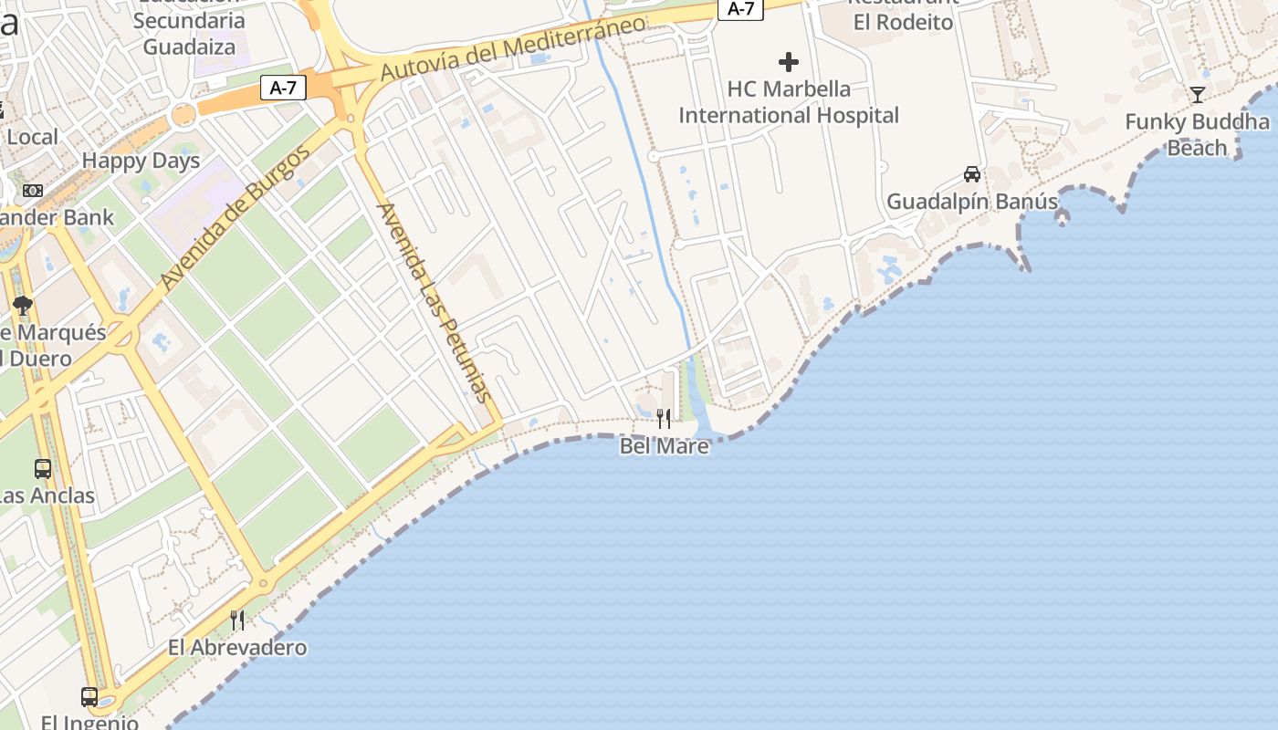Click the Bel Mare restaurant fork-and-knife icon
pyautogui.click(x=664, y=419)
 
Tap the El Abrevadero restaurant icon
pyautogui.click(x=237, y=620)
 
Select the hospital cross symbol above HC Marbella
pyautogui.click(x=789, y=62)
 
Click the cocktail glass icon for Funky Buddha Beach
pyautogui.click(x=1198, y=94)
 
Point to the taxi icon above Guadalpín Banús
pyautogui.click(x=972, y=173)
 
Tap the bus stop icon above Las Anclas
pyautogui.click(x=43, y=469)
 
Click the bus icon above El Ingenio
pyautogui.click(x=89, y=696)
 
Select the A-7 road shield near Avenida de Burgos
pyautogui.click(x=283, y=88)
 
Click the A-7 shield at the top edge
pyautogui.click(x=740, y=9)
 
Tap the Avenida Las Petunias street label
pyautogui.click(x=435, y=302)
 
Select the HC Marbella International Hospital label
pyautogui.click(x=789, y=102)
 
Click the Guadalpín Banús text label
pyautogui.click(x=972, y=201)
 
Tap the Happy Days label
pyautogui.click(x=141, y=161)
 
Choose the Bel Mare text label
pyautogui.click(x=664, y=446)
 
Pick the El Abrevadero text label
pyautogui.click(x=237, y=648)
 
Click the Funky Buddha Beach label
pyautogui.click(x=1197, y=134)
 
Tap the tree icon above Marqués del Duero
pyautogui.click(x=23, y=306)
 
